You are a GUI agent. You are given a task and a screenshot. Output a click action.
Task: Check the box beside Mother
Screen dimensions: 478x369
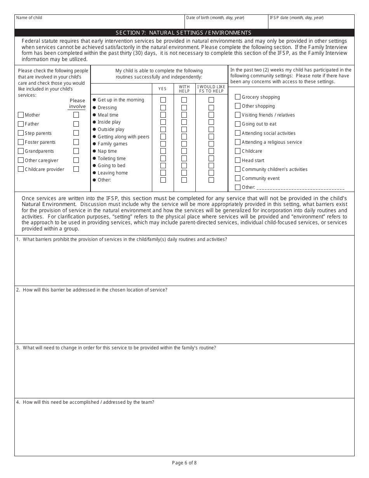coord(21,115)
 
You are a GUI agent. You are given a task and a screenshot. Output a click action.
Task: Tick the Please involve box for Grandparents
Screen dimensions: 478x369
coord(76,151)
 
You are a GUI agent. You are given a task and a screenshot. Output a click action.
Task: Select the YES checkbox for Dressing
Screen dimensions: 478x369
coord(163,108)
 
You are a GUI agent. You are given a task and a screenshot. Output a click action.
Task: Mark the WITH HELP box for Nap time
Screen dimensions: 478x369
coord(184,151)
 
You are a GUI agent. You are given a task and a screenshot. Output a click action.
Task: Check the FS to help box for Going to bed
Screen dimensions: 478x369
coord(211,166)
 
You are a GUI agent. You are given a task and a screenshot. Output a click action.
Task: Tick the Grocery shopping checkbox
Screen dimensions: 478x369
coord(238,97)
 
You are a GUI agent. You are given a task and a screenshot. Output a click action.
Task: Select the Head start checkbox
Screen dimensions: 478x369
coord(238,160)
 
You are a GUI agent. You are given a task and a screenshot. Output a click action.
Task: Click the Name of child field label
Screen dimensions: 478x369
coord(29,18)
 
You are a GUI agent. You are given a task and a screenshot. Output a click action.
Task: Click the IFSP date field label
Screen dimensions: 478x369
coord(296,18)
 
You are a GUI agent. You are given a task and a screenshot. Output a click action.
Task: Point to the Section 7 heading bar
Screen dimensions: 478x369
coord(184,33)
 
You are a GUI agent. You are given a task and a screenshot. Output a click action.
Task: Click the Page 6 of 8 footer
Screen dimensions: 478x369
coord(184,462)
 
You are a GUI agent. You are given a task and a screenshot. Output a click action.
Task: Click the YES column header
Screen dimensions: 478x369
coord(162,89)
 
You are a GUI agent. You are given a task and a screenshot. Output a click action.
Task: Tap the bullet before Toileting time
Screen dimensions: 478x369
coord(94,159)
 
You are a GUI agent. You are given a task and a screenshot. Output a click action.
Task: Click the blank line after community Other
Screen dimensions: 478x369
coord(300,188)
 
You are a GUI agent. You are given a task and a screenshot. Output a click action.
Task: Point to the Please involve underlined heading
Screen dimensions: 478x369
coord(77,104)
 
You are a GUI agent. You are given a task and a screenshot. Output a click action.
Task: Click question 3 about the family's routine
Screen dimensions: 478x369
coord(116,348)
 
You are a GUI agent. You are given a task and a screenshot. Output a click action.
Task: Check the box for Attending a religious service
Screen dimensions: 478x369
coord(238,142)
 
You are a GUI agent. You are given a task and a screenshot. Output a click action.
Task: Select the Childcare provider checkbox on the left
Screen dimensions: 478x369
coord(21,169)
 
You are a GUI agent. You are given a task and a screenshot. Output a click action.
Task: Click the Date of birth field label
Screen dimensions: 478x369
coord(215,18)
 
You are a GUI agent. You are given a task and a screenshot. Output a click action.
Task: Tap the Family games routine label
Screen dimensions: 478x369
coord(113,144)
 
